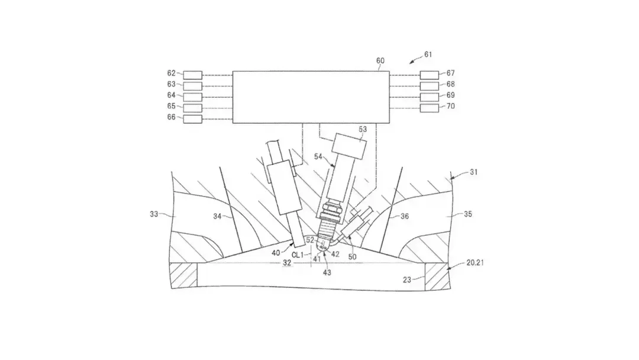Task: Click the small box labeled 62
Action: coord(192,75)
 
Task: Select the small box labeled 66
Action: coord(192,119)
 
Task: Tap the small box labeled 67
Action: coord(429,75)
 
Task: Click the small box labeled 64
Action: coord(192,97)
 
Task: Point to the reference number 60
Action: coord(380,60)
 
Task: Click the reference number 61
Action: coord(428,54)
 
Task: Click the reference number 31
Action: coord(473,172)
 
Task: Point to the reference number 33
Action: coord(154,214)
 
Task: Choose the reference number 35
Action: coord(467,214)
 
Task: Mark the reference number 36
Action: coord(404,217)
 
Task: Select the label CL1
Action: coord(297,254)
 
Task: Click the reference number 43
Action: coord(327,272)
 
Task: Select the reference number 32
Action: coord(287,262)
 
